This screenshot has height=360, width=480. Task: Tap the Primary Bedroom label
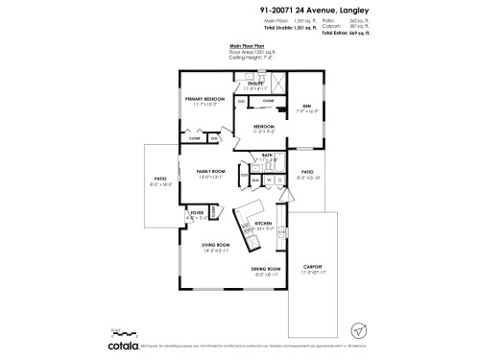[205, 99]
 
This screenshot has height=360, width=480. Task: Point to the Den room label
[307, 106]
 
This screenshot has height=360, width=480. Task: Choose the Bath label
[268, 156]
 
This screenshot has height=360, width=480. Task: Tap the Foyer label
[196, 212]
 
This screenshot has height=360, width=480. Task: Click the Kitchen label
[263, 223]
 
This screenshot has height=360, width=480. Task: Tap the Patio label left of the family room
[160, 178]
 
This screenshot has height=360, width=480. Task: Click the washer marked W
[269, 180]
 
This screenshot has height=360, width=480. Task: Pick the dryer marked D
[278, 180]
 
